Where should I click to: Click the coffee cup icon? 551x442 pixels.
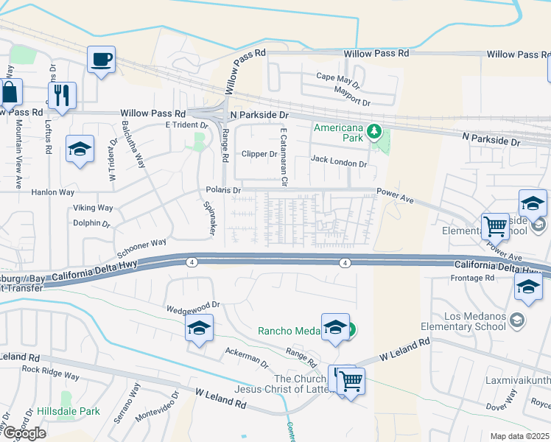point(102,58)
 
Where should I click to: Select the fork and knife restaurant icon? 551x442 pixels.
point(62,94)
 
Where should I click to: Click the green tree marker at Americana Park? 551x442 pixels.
point(375,131)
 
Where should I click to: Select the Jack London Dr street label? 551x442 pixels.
point(338,159)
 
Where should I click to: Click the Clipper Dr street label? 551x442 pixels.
point(259,154)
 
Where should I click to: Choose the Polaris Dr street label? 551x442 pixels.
point(224,190)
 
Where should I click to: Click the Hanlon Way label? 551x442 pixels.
point(53,192)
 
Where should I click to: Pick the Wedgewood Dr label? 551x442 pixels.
point(194,304)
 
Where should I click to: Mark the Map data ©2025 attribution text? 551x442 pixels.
point(519,436)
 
